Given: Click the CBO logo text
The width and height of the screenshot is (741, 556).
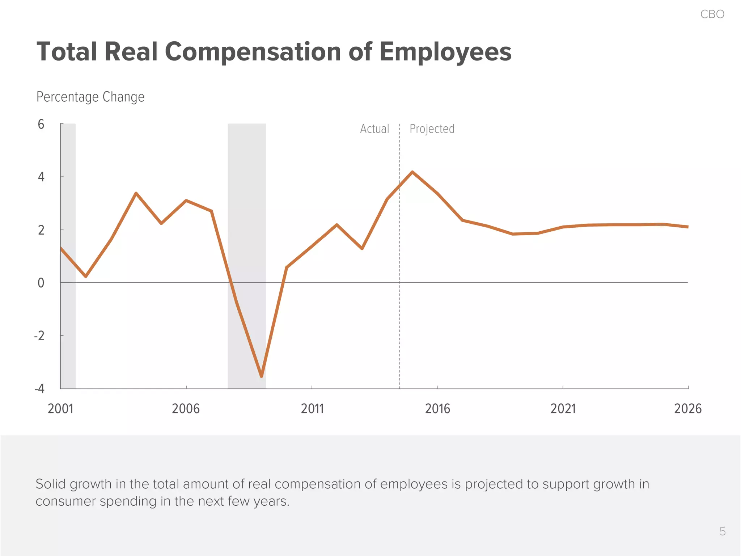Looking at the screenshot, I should tap(712, 14).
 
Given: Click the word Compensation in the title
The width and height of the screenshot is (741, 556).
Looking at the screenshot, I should tap(253, 52).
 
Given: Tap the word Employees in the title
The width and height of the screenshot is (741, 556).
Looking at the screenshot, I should tap(445, 52).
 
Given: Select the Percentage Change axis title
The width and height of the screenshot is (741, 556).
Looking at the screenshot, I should tap(90, 97).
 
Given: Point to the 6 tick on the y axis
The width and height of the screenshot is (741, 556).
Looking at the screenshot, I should tap(41, 125).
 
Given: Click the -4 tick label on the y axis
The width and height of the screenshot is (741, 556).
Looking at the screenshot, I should tap(39, 389).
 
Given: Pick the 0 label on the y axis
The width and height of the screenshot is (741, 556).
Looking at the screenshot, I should tap(41, 283).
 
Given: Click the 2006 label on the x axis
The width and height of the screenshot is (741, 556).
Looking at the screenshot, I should tap(186, 409).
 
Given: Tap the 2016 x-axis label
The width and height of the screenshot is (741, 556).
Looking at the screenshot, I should tap(437, 409).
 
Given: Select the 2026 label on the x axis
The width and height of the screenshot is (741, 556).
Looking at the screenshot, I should tap(687, 409).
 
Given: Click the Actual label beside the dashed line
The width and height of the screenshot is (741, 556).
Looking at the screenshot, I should tap(374, 129).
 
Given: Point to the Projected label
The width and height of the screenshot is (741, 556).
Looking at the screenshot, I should tap(432, 129).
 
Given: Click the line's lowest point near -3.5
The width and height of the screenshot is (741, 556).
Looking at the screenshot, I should tap(262, 376).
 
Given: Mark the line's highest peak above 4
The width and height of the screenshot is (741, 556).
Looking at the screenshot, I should tap(412, 172).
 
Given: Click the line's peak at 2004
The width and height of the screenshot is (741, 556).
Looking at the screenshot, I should tap(136, 193).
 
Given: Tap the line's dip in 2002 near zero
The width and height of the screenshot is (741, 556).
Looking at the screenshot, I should tap(86, 276).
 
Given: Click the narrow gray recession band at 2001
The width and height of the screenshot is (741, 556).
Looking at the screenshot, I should tap(68, 326).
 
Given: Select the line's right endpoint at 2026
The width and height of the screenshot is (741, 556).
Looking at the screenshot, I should tap(687, 227).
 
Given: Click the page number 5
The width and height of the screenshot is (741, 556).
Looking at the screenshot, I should tap(722, 531).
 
